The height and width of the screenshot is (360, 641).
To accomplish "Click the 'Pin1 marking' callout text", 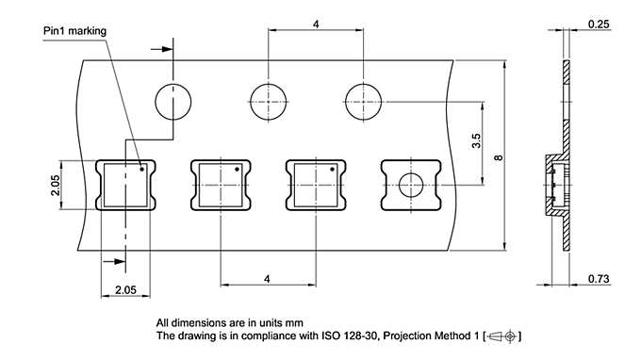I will pos(74,31).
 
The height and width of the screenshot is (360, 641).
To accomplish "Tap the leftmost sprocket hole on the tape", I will pos(173,101).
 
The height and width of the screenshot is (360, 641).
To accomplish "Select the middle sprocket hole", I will pos(268,101).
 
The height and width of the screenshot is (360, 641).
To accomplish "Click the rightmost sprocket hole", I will pos(362,101).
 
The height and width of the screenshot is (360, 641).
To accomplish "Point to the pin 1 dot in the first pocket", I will pos(142,171).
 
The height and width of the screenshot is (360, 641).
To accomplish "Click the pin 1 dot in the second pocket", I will pos(237,171).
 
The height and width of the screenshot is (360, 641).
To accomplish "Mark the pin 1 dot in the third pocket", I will pos(331,171).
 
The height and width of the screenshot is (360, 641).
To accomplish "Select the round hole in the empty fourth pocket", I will pos(410,185).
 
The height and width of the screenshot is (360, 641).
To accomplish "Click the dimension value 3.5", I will pos(476,140).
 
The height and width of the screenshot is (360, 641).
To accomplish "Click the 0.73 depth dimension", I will pos(597,281).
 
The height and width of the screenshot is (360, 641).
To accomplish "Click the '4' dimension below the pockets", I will pos(268,279).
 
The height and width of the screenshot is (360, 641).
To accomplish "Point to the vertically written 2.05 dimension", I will pos(56,185).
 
